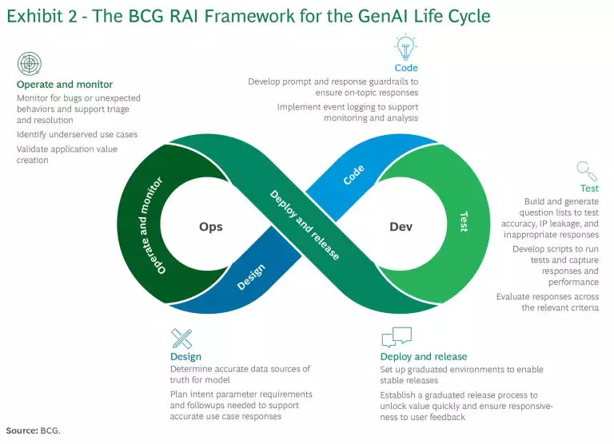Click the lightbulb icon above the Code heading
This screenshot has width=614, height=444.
pos(406,46)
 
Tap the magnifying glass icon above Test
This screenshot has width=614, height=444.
pos(588,169)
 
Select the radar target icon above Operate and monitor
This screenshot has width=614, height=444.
pos(29,64)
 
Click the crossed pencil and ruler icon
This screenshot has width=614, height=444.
pos(182,337)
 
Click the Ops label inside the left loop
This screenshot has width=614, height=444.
pos(210,227)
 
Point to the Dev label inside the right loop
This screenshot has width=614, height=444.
pos(401,227)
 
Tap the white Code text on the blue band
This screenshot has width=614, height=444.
pos(353,175)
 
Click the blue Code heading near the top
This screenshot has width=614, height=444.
pos(406,68)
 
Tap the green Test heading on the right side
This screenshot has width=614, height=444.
pos(589,188)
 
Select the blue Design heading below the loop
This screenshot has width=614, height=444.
pos(185,356)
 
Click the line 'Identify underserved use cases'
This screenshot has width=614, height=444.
pos(77,134)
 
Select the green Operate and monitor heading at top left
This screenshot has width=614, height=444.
pos(65,84)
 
